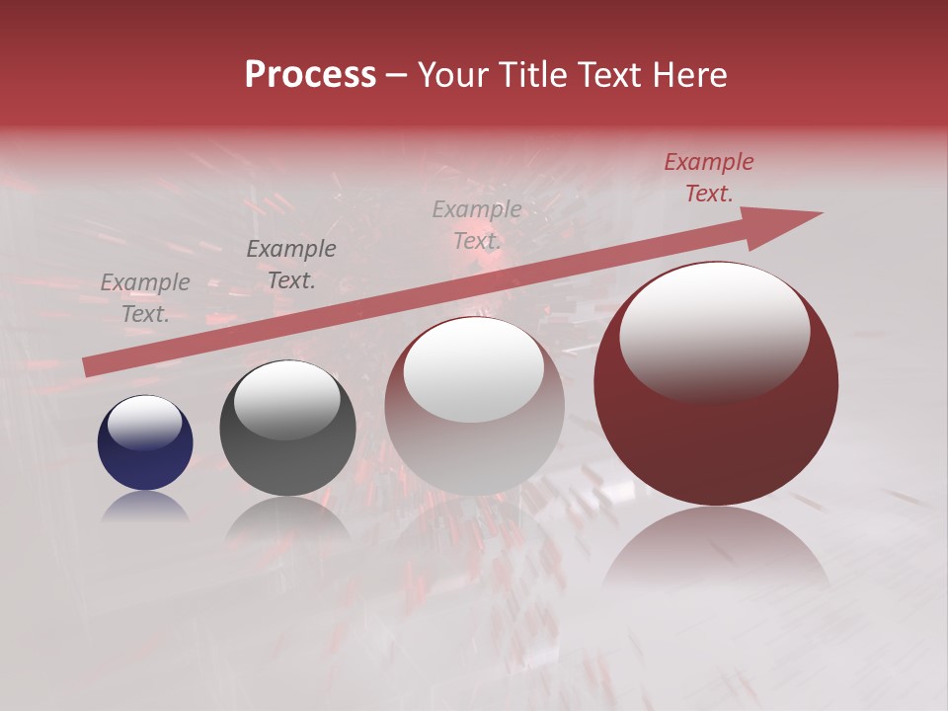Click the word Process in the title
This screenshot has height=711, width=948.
310,75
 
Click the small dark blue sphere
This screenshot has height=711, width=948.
145,442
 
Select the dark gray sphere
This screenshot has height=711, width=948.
287,429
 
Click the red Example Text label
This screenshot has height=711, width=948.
709,178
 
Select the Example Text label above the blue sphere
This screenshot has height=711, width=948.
145,298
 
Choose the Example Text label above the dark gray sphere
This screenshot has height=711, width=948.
291,265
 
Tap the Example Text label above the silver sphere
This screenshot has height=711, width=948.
477,225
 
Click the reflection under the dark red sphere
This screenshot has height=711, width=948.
716,553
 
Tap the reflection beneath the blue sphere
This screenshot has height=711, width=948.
145,506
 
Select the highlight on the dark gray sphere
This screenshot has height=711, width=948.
286,401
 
